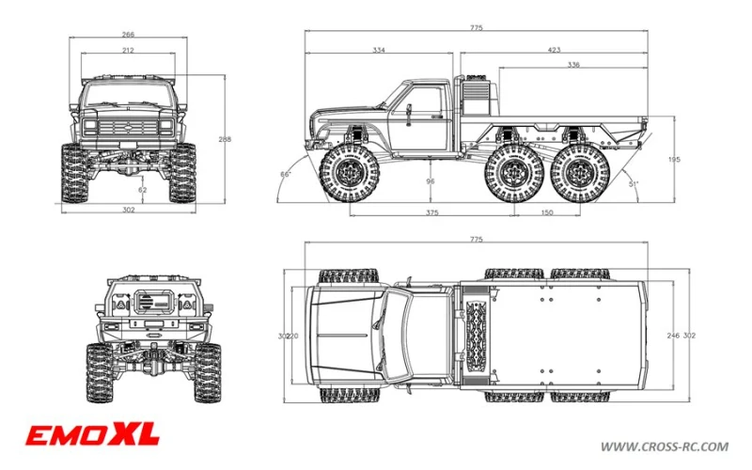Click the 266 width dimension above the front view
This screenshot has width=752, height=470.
(127, 34)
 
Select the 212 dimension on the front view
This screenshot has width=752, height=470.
(127, 50)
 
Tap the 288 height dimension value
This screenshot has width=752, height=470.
(225, 140)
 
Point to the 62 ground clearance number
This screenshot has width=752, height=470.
(142, 190)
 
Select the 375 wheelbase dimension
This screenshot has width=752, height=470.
(431, 212)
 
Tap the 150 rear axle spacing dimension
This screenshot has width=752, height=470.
(546, 212)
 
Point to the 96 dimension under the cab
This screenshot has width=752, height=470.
(430, 181)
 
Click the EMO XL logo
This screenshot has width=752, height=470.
(92, 434)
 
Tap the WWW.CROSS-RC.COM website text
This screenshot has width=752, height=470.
(664, 446)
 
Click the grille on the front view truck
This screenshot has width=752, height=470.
(127, 126)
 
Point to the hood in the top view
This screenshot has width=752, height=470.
(344, 334)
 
